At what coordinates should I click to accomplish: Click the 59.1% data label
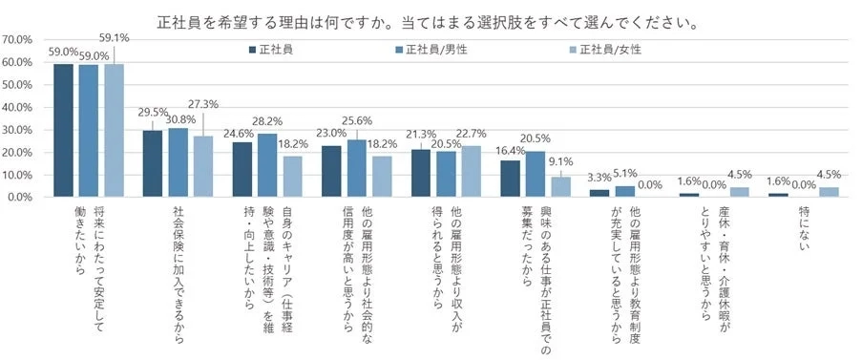pyautogui.click(x=116, y=37)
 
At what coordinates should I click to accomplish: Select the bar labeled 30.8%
pyautogui.click(x=178, y=162)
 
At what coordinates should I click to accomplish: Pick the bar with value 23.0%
pyautogui.click(x=330, y=171)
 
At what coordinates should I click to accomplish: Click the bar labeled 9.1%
pyautogui.click(x=561, y=186)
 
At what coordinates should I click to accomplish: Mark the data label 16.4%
pyautogui.click(x=510, y=151)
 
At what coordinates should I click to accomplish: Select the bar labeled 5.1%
pyautogui.click(x=625, y=191)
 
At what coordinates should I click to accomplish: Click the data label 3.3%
pyautogui.click(x=599, y=178)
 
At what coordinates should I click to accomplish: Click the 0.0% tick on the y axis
pyautogui.click(x=23, y=198)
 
